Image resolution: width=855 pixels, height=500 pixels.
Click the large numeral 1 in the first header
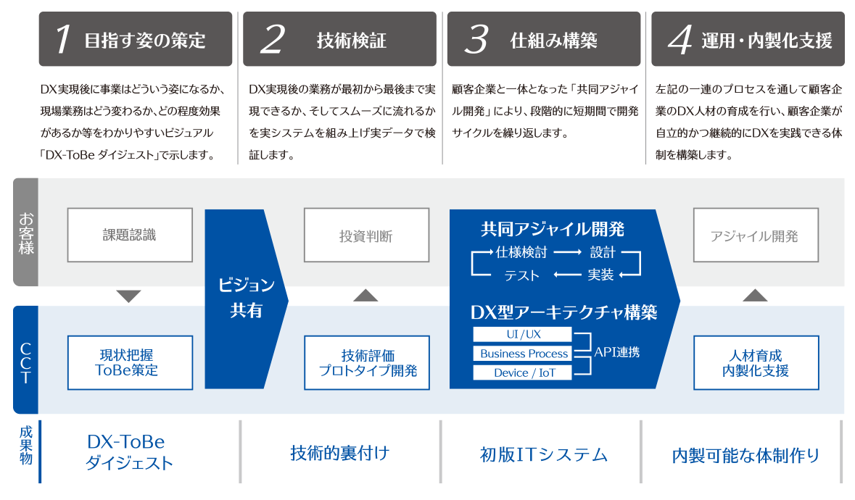63,40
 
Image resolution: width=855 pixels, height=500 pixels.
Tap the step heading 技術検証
351,41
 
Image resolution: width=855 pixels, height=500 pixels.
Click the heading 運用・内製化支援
767,41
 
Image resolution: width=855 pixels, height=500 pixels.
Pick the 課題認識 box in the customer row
130,235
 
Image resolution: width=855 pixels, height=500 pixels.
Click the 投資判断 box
366,236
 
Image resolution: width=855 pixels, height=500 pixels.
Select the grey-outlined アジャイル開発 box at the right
754,236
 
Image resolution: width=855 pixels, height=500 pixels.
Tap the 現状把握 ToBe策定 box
130,362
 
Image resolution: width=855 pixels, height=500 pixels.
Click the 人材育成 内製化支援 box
755,362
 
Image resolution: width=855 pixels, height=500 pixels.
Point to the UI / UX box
523,335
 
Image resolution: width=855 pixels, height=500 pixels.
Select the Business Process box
523,354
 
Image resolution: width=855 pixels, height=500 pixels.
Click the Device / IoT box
523,372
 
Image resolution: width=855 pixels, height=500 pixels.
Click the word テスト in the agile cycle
522,275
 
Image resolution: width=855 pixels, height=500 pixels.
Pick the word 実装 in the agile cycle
600,275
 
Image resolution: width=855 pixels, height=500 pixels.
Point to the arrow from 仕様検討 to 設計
568,253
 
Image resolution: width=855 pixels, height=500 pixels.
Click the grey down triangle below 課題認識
128,296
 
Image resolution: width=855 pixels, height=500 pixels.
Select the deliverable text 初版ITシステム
543,454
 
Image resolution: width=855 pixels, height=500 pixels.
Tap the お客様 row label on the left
26,233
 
